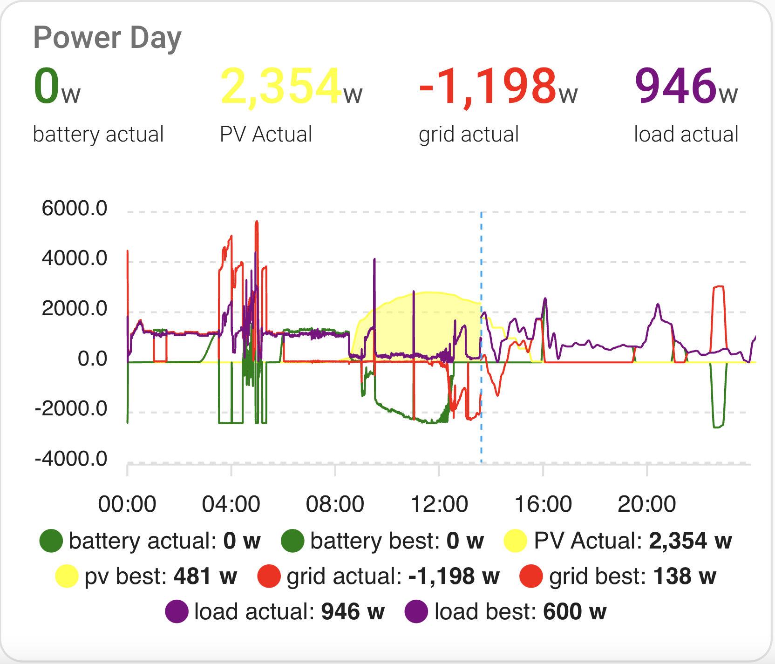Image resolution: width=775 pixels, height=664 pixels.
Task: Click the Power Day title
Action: pyautogui.click(x=107, y=38)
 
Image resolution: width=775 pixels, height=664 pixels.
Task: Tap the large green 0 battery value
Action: pyautogui.click(x=47, y=86)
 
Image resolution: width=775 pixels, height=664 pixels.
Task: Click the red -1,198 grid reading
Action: pyautogui.click(x=488, y=86)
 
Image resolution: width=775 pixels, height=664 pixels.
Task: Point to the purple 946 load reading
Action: pyautogui.click(x=675, y=86)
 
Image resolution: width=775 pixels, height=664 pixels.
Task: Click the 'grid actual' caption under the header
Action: pyautogui.click(x=469, y=135)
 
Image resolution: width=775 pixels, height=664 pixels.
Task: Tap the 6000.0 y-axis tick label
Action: pyautogui.click(x=75, y=208)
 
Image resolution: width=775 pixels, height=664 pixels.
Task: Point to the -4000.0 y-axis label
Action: pyautogui.click(x=71, y=459)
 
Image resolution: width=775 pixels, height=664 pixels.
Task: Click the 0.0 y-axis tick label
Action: pyautogui.click(x=92, y=359)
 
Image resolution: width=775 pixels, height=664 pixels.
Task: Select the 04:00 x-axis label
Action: pyautogui.click(x=231, y=504)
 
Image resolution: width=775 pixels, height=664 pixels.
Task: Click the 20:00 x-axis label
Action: pyautogui.click(x=646, y=504)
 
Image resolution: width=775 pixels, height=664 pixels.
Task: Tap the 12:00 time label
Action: pyautogui.click(x=439, y=504)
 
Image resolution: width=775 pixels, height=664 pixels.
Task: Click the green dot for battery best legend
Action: pyautogui.click(x=292, y=541)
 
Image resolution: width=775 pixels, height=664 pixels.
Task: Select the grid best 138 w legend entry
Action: pyautogui.click(x=618, y=576)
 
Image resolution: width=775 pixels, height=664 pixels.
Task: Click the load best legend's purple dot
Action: pyautogui.click(x=416, y=612)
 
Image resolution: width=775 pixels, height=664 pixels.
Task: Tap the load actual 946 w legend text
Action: pyautogui.click(x=289, y=612)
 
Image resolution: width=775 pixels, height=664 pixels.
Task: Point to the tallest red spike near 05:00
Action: pyautogui.click(x=257, y=224)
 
